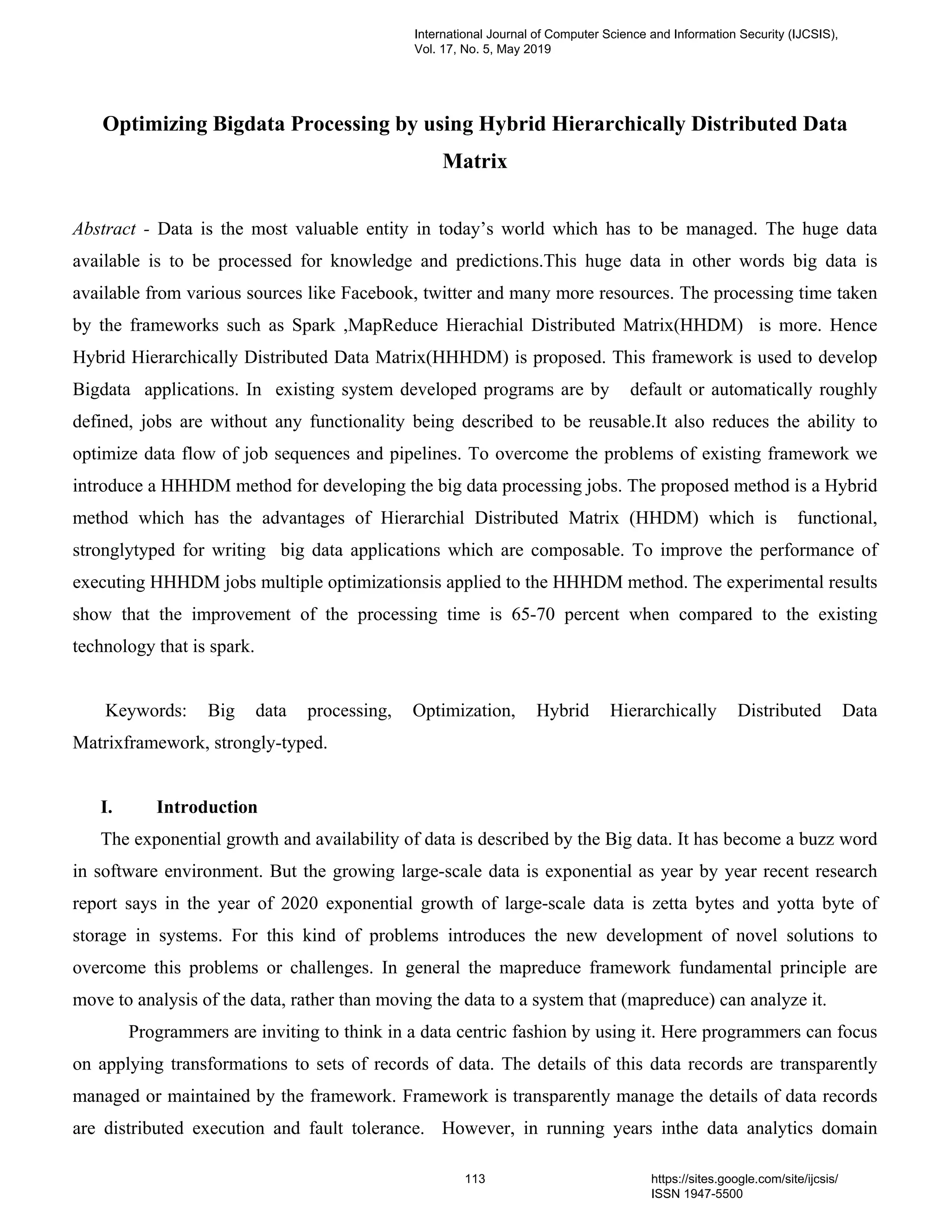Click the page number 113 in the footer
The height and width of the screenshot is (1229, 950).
click(x=475, y=1179)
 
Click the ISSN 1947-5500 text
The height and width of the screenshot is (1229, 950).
click(x=697, y=1194)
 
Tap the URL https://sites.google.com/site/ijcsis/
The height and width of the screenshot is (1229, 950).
click(x=744, y=1179)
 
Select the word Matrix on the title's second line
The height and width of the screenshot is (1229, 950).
click(x=475, y=161)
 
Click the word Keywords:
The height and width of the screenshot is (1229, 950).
click(x=146, y=711)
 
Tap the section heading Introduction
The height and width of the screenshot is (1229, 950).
click(x=206, y=807)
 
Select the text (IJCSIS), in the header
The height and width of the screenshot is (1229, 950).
click(x=812, y=34)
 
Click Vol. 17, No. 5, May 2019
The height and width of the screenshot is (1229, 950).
click(x=482, y=50)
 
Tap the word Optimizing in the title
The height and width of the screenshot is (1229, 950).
click(x=155, y=124)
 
